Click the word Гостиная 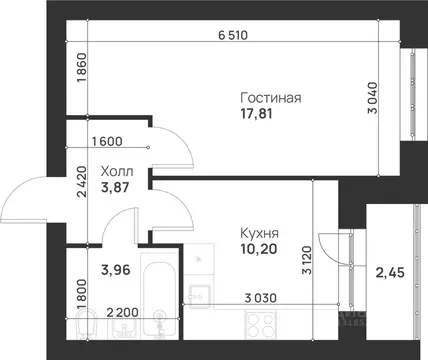[271, 98]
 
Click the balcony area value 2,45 [389, 272]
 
